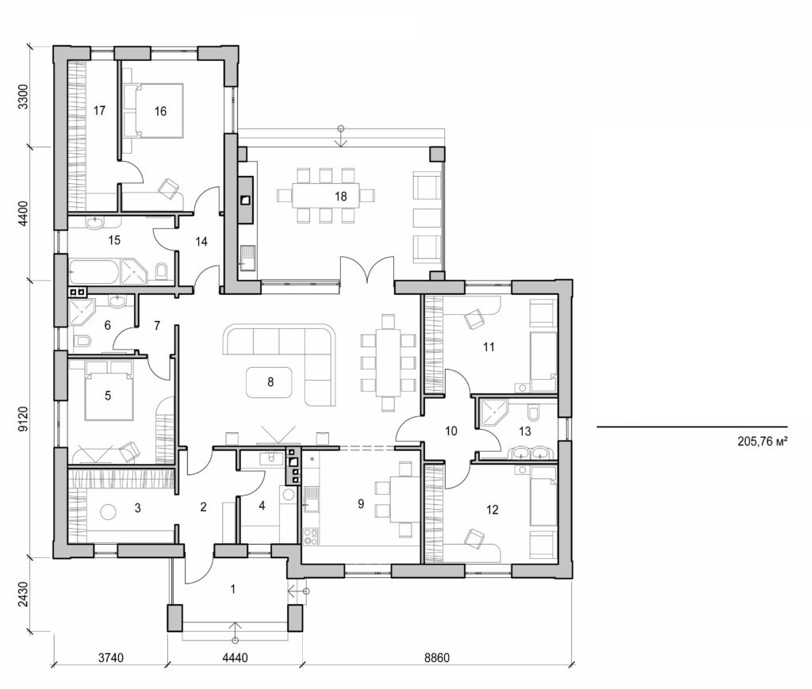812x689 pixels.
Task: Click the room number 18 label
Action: (x=341, y=195)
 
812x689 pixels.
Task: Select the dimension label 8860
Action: (x=439, y=658)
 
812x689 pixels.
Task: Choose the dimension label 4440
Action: (x=235, y=658)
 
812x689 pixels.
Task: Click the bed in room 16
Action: (x=153, y=110)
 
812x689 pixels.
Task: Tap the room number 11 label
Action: (x=488, y=346)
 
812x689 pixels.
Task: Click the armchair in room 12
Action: (x=473, y=539)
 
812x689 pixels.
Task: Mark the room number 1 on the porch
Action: (x=233, y=588)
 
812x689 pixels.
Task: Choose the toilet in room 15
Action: (x=162, y=273)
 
